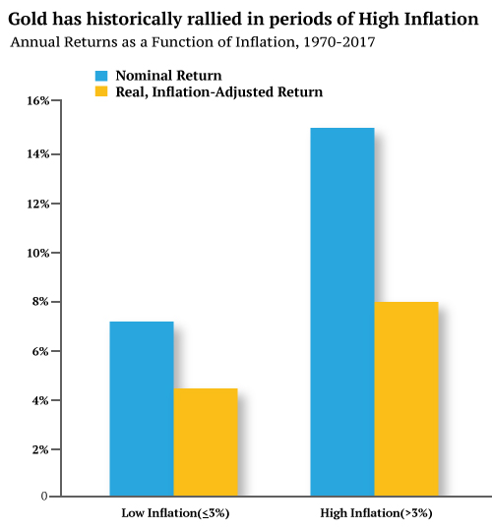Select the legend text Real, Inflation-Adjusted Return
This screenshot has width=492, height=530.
coord(218,91)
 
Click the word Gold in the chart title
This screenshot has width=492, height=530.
coord(29,20)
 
